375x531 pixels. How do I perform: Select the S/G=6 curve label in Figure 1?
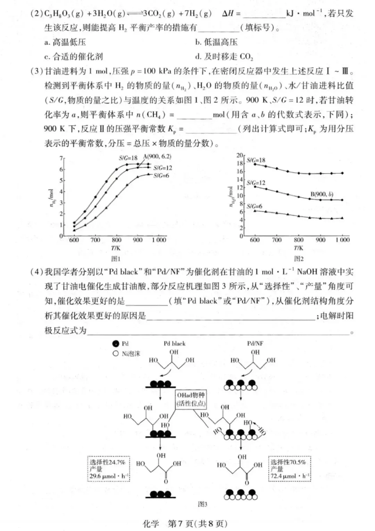point(161,175)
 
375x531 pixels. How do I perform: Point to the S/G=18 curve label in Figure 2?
point(256,160)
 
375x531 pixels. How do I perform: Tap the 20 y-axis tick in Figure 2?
point(240,155)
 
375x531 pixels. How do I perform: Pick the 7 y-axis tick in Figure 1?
point(61,158)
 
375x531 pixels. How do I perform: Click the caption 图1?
point(116,259)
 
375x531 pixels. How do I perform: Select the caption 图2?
point(299,259)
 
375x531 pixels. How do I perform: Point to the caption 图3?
point(202,504)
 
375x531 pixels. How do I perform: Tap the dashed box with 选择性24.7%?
point(109,469)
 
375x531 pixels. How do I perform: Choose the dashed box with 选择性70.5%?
point(290,469)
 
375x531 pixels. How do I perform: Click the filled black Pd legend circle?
point(116,344)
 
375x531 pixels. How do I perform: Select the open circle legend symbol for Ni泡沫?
point(116,353)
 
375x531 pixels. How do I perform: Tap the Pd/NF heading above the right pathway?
point(255,343)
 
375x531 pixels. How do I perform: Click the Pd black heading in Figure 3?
point(174,343)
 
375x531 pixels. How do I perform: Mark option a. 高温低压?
point(65,42)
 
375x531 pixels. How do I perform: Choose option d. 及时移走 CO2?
point(224,57)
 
